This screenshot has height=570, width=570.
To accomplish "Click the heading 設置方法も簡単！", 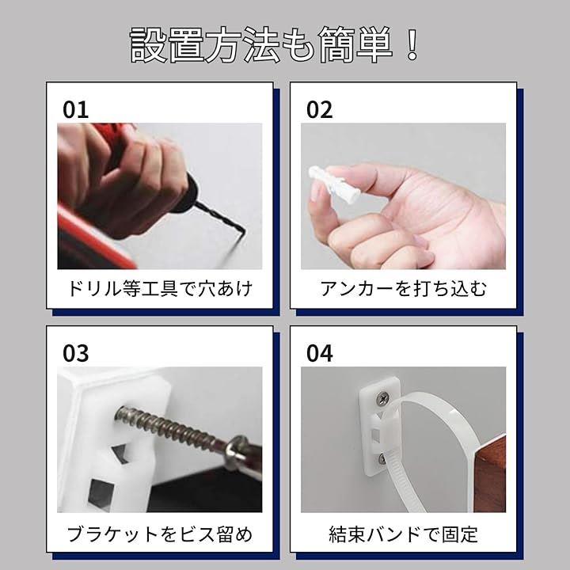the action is (275, 44).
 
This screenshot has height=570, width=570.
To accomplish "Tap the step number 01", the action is (76, 109).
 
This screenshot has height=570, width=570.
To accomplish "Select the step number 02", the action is (319, 109).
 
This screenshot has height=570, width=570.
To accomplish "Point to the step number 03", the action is (76, 353).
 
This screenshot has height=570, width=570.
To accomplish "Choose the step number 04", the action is (319, 353).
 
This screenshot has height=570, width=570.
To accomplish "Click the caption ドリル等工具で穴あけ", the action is (160, 289).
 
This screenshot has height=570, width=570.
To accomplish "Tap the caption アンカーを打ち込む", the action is (403, 289).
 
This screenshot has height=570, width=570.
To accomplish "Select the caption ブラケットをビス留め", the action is (160, 534).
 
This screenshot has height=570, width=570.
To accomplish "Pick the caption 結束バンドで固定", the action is (403, 534).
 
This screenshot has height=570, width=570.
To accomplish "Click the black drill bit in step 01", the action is (221, 218).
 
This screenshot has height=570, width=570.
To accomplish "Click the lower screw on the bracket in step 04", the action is (382, 459).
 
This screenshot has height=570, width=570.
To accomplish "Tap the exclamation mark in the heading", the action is (412, 44).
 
